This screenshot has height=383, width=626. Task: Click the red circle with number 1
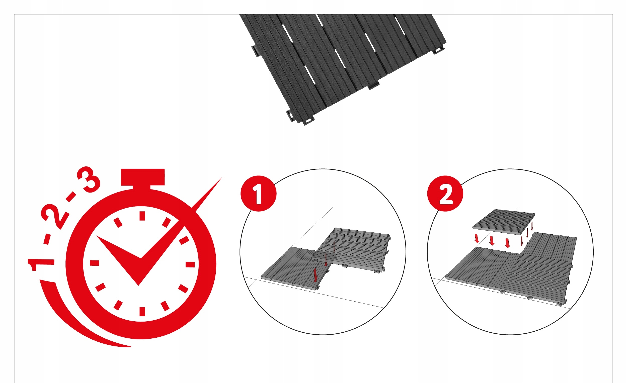pyautogui.click(x=258, y=194)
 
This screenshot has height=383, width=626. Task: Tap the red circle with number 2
pyautogui.click(x=445, y=194)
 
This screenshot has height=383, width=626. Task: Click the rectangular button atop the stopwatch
pyautogui.click(x=142, y=177)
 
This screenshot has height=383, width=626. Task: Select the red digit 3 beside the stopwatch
pyautogui.click(x=89, y=179)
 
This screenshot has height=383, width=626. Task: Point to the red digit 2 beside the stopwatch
pyautogui.click(x=55, y=216)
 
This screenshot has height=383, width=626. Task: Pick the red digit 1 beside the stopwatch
pyautogui.click(x=41, y=265)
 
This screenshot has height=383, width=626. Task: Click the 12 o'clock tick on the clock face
pyautogui.click(x=142, y=216)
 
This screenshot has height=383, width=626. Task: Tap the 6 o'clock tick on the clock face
pyautogui.click(x=142, y=312)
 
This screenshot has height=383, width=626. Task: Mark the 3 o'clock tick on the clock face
pyautogui.click(x=190, y=265)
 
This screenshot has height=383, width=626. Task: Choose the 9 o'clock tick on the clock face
pyautogui.click(x=94, y=263)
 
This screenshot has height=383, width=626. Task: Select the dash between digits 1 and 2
pyautogui.click(x=47, y=239)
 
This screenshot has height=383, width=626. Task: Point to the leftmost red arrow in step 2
pyautogui.click(x=477, y=238)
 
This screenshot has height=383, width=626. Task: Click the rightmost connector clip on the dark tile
pyautogui.click(x=438, y=50)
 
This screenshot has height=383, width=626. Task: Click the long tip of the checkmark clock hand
pyautogui.click(x=221, y=177)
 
